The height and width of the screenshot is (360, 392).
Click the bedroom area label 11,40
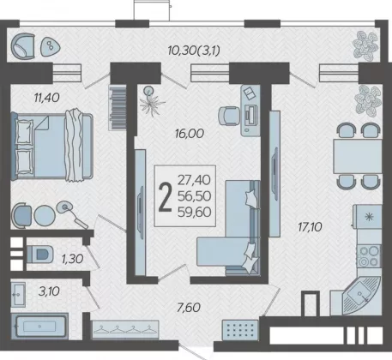(x=46, y=98)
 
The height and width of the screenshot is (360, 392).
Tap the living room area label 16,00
(x=190, y=134)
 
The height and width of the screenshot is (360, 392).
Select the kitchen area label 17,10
(x=310, y=227)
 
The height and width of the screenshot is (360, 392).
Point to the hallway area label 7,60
(x=189, y=308)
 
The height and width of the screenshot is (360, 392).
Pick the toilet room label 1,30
(x=72, y=259)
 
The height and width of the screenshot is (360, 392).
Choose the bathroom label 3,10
(x=49, y=291)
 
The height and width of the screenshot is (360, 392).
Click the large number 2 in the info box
(x=166, y=197)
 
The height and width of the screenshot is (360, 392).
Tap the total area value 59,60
(x=195, y=212)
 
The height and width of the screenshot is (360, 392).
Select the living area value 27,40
(x=194, y=180)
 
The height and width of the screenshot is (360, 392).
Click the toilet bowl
(x=39, y=254)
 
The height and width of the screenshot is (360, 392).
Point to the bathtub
(x=39, y=327)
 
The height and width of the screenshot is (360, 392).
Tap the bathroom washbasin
(x=18, y=294)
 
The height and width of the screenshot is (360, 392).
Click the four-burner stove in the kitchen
(x=369, y=256)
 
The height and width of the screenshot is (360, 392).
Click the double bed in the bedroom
(x=52, y=146)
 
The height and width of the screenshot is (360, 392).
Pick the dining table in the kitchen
(x=358, y=156)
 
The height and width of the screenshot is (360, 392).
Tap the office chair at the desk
(x=229, y=116)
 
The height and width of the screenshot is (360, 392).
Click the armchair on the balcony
(x=23, y=46)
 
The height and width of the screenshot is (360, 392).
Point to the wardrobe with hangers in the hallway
(x=125, y=330)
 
